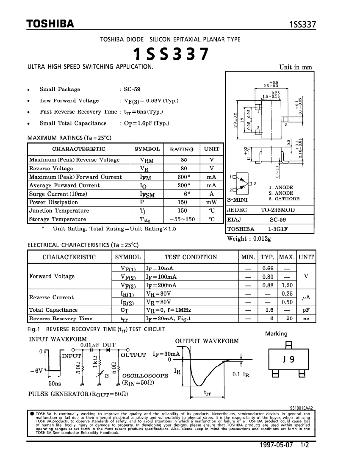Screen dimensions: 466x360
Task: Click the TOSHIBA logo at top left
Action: point(50,24)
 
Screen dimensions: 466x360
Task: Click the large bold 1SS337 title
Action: point(171,54)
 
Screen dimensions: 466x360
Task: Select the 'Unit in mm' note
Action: point(296,67)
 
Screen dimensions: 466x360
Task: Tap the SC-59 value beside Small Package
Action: point(132,89)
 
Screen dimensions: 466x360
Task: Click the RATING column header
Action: point(181,149)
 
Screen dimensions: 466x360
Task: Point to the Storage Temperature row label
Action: point(58,219)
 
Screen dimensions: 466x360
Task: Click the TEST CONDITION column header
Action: point(191,257)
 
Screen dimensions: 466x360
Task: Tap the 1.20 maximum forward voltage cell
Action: point(287,285)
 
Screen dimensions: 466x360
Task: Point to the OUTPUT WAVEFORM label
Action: point(207,341)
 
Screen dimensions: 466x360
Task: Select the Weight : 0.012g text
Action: point(249,239)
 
